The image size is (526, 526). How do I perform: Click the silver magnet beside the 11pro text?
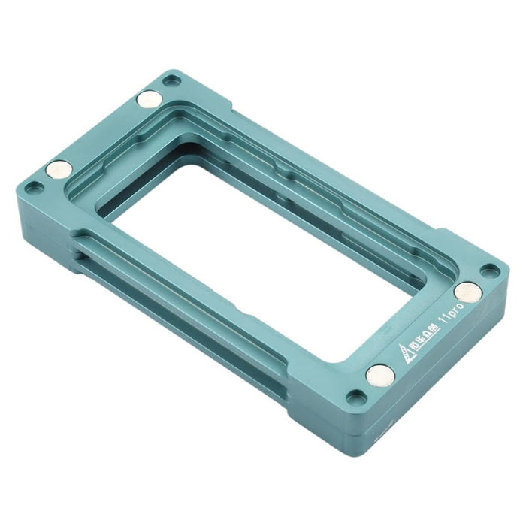467,291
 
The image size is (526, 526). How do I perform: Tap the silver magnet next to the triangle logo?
380,374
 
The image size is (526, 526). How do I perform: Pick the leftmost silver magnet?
59,169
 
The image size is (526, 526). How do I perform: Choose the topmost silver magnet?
150,98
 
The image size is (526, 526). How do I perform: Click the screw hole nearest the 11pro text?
489,270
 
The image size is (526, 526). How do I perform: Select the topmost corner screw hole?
171,80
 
